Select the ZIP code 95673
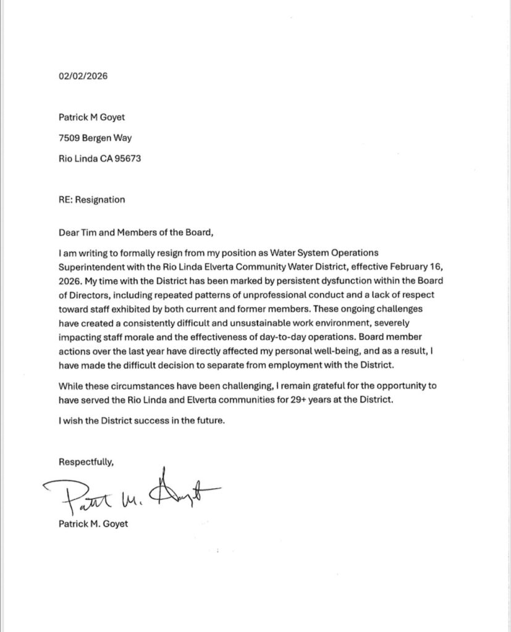[x=126, y=158]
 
